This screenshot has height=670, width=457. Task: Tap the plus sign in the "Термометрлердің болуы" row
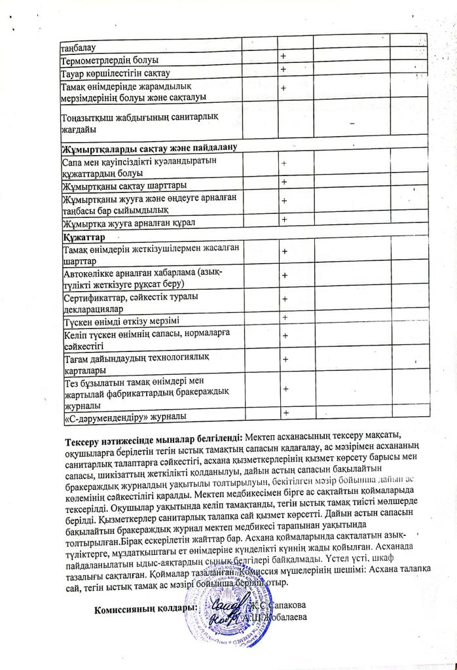[283, 58]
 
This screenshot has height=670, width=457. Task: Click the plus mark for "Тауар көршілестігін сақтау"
[283, 69]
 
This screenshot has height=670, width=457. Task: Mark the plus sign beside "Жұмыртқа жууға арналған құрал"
[285, 219]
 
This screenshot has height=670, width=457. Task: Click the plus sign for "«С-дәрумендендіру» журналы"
[285, 412]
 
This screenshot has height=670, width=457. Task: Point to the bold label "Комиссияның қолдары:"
[145, 608]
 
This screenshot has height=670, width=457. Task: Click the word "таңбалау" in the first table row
[79, 48]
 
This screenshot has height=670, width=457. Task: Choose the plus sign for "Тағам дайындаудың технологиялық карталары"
[285, 359]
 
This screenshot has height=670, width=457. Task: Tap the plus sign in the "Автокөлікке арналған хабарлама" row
[285, 275]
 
